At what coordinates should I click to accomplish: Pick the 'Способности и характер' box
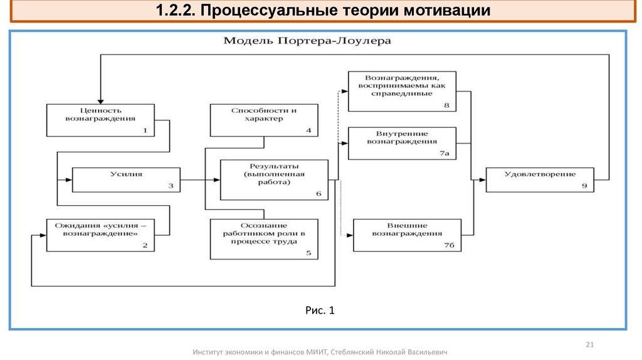point(263,120)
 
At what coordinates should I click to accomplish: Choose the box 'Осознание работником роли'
point(263,238)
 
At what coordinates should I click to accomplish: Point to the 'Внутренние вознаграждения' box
point(402,143)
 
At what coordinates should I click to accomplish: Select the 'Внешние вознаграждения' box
point(407,234)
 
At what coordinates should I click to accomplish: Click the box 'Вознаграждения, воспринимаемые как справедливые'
point(402,91)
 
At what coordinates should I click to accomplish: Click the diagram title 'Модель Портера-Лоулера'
point(307,41)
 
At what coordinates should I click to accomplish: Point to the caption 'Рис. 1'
point(320,310)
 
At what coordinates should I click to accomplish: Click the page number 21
point(589,344)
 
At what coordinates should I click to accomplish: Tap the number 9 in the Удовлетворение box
point(584,186)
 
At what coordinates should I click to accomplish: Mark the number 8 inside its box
point(446,105)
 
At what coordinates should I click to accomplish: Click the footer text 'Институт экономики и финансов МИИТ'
point(260,352)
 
